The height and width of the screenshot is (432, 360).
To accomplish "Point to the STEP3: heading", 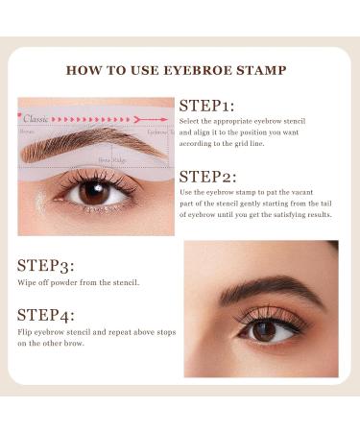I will click(x=46, y=265).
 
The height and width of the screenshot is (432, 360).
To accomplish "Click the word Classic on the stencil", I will click(x=36, y=119).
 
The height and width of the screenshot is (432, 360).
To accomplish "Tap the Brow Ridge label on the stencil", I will click(x=111, y=159).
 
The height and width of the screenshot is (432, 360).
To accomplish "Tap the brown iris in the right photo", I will click(x=265, y=329).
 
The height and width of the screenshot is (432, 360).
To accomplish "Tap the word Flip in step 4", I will click(x=25, y=333).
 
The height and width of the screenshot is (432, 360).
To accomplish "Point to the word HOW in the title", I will click(x=82, y=70).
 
